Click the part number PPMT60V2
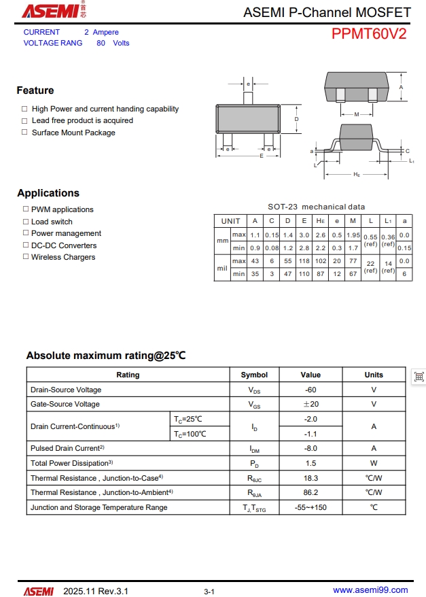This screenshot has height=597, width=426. [369, 35]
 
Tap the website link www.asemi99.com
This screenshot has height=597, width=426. [370, 590]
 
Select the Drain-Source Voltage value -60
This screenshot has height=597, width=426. [310, 390]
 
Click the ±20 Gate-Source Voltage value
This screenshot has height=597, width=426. [310, 404]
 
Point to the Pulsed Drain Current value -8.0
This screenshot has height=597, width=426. [310, 448]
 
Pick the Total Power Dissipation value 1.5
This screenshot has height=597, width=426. [310, 463]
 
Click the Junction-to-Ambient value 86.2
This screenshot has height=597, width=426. [310, 492]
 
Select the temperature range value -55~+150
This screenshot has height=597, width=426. [310, 507]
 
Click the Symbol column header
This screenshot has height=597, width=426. [254, 375]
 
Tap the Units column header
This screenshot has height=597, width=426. [374, 375]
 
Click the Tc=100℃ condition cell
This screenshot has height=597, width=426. [190, 434]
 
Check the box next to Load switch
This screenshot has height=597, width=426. [26, 222]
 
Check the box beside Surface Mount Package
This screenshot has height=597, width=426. [24, 133]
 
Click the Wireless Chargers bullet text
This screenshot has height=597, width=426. [63, 257]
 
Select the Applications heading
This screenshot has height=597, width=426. [48, 193]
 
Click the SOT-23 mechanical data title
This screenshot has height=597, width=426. [316, 207]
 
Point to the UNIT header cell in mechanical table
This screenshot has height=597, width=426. [230, 221]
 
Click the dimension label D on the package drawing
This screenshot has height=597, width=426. [297, 119]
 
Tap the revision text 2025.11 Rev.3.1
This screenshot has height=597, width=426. [95, 591]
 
